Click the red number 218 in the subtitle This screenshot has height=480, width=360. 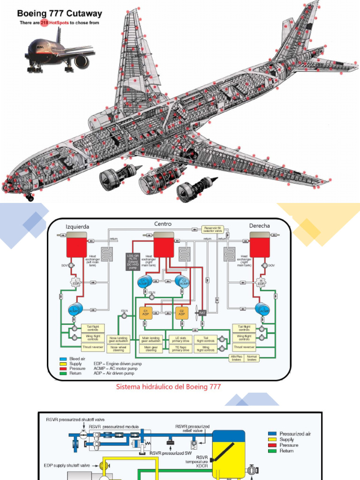44,22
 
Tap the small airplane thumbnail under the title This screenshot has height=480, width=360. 59,52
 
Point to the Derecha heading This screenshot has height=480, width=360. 259,226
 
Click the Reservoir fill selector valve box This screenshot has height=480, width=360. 213,230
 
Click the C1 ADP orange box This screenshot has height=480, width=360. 145,313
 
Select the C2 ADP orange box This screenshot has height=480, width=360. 181,313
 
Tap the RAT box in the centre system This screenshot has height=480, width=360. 202,313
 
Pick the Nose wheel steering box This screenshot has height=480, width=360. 118,349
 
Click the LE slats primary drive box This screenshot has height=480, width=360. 180,339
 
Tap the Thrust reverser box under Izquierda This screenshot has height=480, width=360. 93,347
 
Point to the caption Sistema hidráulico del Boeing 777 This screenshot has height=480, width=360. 168,387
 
